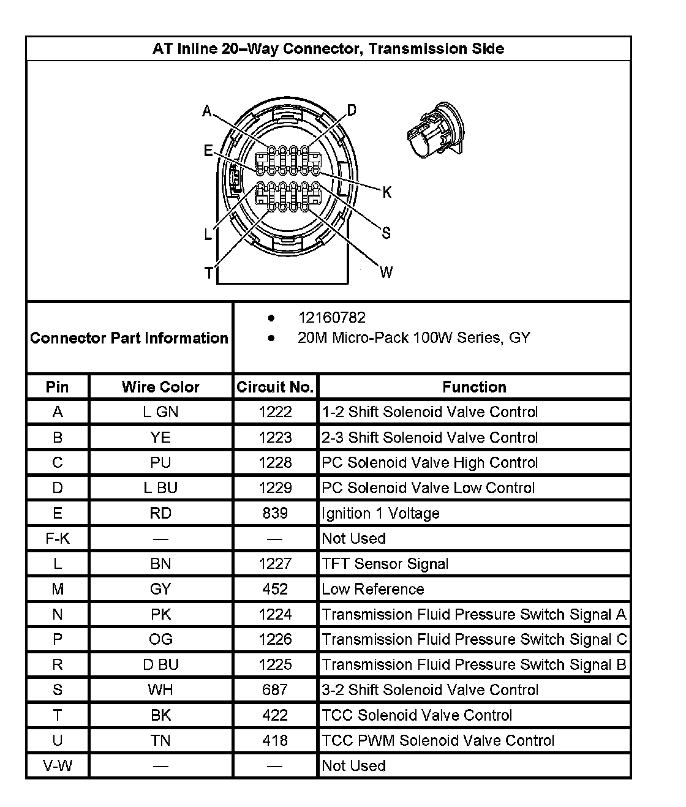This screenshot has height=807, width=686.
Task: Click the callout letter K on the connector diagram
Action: point(387,193)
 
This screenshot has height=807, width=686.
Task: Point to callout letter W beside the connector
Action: point(386,272)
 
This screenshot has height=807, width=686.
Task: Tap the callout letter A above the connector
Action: point(207,111)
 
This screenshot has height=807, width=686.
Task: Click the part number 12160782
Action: point(331,318)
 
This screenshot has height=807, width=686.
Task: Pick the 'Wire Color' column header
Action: point(160,387)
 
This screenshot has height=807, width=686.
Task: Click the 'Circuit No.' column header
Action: point(275,387)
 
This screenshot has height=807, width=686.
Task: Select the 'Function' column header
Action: point(474,387)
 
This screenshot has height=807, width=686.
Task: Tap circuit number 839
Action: point(275,513)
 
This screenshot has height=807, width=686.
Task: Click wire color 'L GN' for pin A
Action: point(160,412)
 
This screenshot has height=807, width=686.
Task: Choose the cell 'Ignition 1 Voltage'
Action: point(380,513)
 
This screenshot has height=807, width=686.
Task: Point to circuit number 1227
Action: point(275,563)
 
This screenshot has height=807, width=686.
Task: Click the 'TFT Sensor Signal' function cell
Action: point(385,563)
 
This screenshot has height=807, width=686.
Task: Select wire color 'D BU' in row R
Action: point(160,664)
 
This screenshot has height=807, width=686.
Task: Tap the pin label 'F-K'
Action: point(58,538)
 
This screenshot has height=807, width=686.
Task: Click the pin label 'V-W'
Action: point(58,765)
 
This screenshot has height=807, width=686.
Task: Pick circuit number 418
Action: point(275,740)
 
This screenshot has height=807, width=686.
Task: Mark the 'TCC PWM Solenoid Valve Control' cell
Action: point(438,740)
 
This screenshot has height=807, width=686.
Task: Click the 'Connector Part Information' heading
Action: point(129,338)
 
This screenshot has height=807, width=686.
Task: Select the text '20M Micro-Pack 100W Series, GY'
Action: point(413,338)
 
